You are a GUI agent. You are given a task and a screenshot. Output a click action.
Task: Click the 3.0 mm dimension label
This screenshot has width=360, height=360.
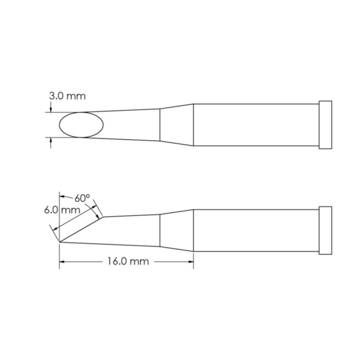click(67, 96)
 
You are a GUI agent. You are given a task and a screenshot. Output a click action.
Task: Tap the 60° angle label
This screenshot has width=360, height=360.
click(82, 198)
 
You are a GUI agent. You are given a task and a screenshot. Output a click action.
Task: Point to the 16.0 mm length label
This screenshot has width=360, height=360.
click(128, 262)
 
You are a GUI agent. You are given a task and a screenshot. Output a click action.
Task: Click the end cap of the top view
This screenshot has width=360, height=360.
click(325, 125)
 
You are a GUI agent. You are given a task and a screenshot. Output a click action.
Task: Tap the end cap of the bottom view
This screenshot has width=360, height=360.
click(325, 229)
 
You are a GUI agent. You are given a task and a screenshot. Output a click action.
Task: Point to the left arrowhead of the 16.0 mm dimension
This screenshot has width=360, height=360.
click(63, 262)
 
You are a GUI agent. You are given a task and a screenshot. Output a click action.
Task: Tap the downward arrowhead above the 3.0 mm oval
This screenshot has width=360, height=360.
click(50, 110)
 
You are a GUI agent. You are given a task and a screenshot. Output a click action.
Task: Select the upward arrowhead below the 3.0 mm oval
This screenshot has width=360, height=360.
click(50, 140)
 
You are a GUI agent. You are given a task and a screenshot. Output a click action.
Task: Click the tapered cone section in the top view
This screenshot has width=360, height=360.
click(176, 125)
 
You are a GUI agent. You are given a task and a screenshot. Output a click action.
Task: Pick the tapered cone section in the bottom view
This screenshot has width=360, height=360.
click(176, 230)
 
